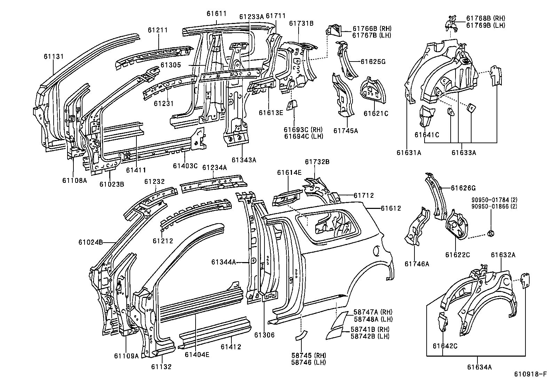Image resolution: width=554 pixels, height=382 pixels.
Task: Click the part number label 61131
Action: coord(54,56)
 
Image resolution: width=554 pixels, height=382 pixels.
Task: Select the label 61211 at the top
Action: coord(158,30)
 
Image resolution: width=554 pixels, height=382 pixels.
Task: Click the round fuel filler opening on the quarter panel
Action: coord(376,250)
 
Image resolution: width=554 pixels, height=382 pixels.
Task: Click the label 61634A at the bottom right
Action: coord(479,367)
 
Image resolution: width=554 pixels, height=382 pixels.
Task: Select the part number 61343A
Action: coord(244,160)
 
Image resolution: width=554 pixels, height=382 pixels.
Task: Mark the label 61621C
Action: coord(376,113)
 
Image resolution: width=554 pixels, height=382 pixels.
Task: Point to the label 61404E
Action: coord(197,355)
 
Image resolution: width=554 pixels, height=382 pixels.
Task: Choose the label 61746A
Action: coord(417,264)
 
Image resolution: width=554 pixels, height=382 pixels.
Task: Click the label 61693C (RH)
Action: coord(303,130)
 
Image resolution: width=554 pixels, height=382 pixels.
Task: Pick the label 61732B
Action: coord(317,162)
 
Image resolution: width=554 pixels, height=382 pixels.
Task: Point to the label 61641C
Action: coord(427,135)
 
